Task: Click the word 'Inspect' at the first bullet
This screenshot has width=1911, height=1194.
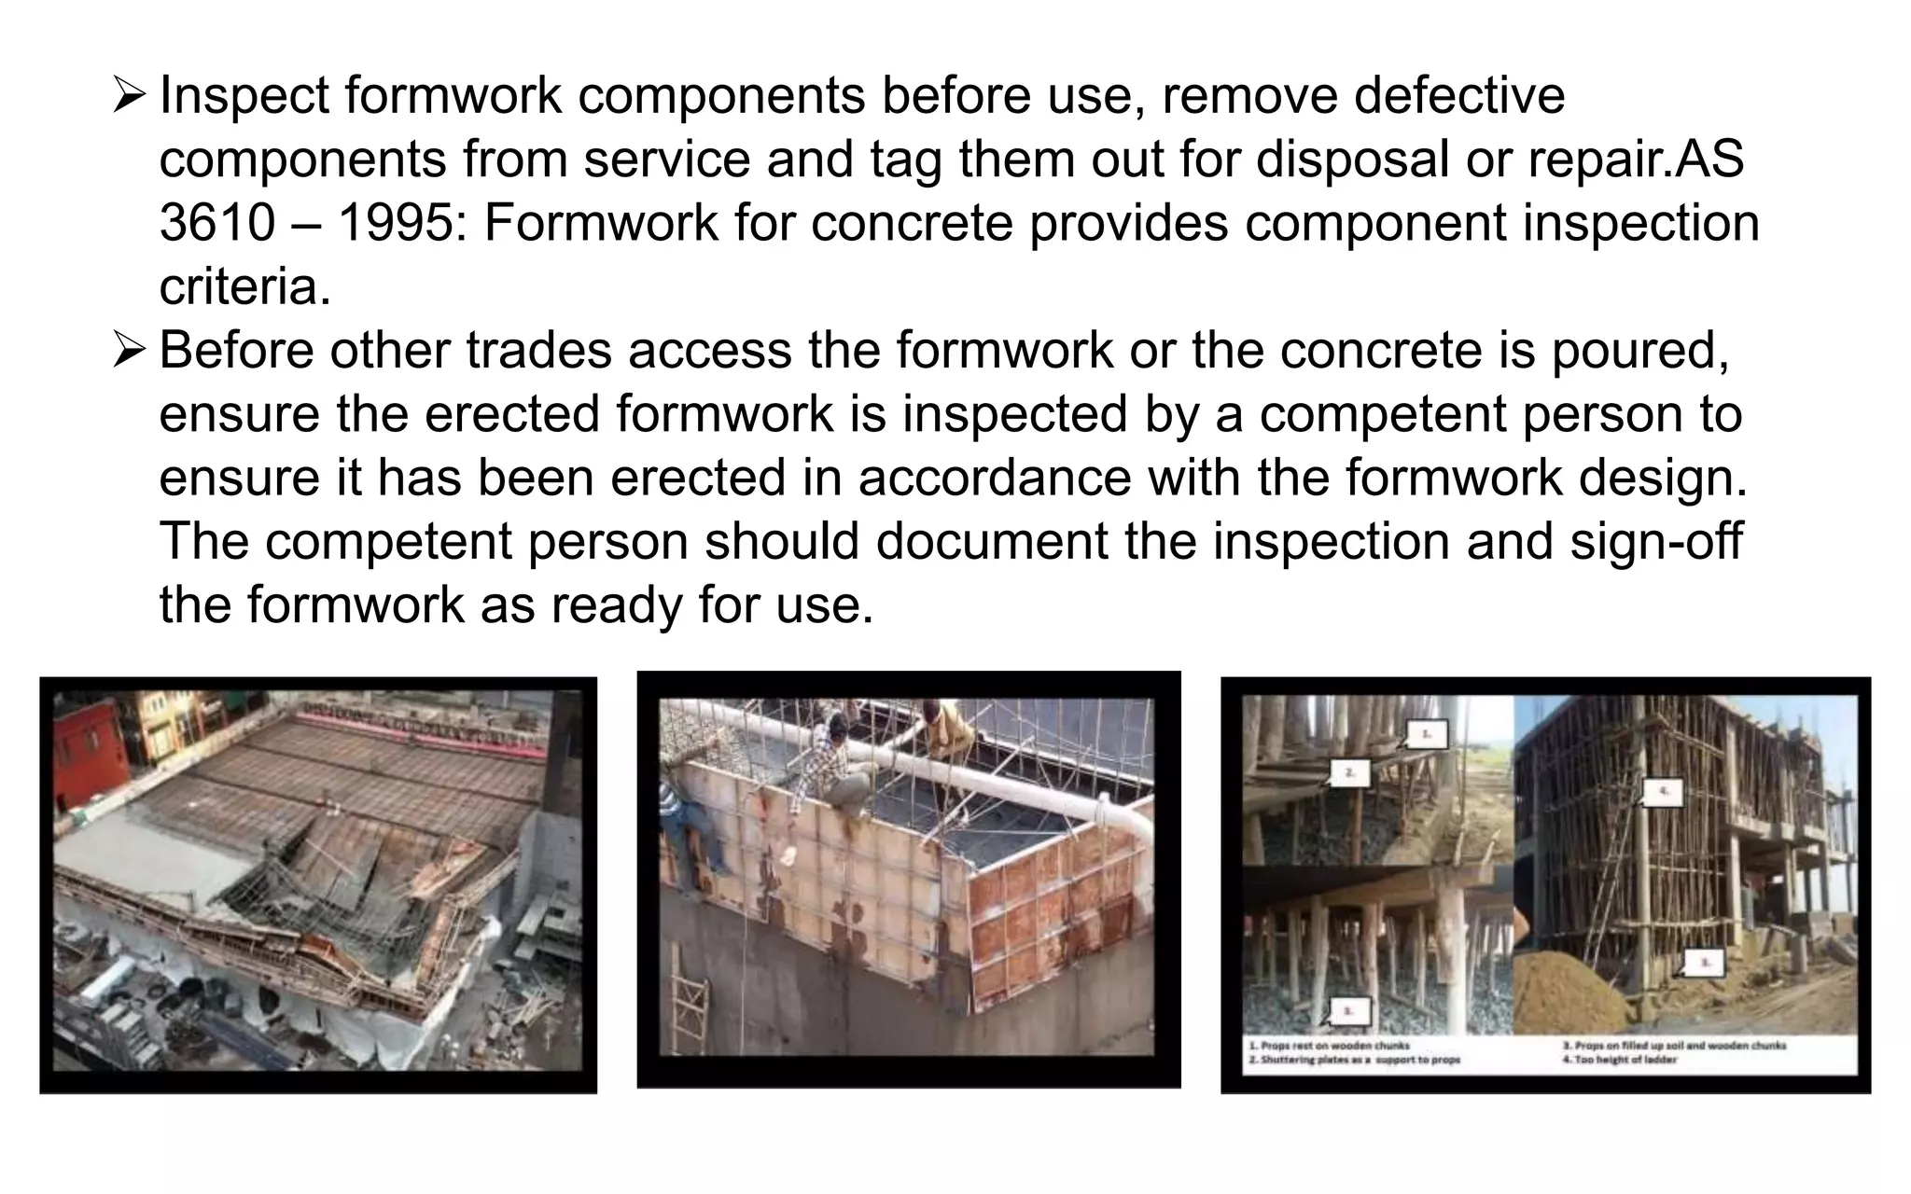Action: (244, 97)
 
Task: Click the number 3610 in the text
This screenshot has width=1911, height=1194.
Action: (217, 224)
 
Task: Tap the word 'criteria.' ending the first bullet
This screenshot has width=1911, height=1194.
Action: (244, 287)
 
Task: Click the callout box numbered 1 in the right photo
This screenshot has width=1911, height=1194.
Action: (1425, 734)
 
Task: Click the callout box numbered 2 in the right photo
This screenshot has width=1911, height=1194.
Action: (1349, 772)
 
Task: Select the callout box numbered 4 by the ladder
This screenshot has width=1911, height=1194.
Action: (1662, 793)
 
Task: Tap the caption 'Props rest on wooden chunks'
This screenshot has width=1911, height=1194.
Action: (1329, 1046)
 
